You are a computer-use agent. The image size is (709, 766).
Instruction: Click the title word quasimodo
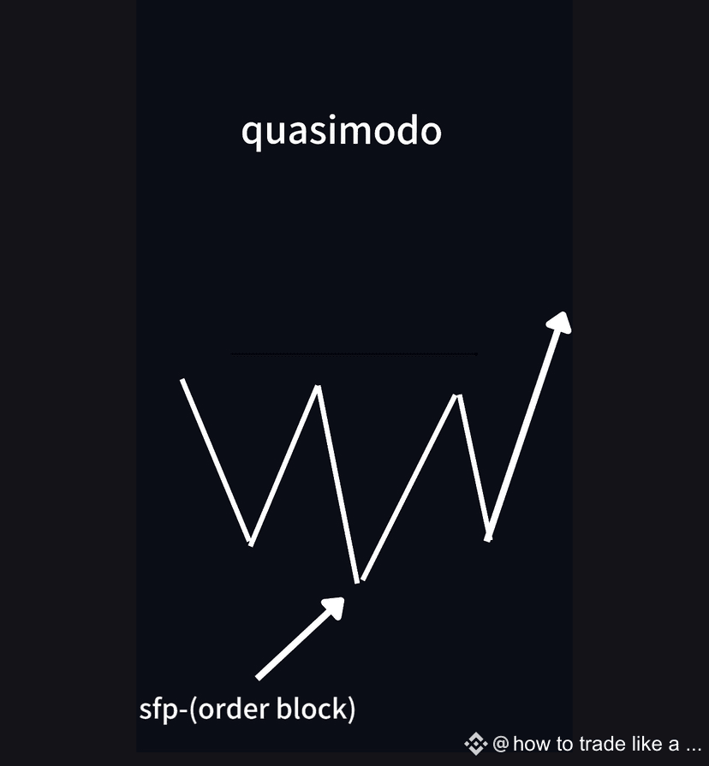click(341, 132)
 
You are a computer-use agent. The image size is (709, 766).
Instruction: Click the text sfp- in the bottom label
click(157, 710)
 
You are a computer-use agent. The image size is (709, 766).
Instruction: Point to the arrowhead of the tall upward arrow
click(560, 321)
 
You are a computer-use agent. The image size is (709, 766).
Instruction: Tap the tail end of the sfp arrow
click(259, 677)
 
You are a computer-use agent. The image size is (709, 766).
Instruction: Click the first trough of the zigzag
click(250, 543)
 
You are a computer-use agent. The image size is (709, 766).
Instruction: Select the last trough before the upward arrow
click(488, 538)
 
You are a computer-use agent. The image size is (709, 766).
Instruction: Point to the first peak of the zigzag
click(319, 388)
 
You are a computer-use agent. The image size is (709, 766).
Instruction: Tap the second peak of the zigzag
click(459, 395)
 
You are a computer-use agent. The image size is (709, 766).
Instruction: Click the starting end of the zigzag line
click(182, 380)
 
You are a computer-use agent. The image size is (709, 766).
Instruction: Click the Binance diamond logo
click(476, 743)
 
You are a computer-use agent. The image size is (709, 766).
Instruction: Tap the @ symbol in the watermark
click(501, 743)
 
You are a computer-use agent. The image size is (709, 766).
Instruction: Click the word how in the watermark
click(532, 743)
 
